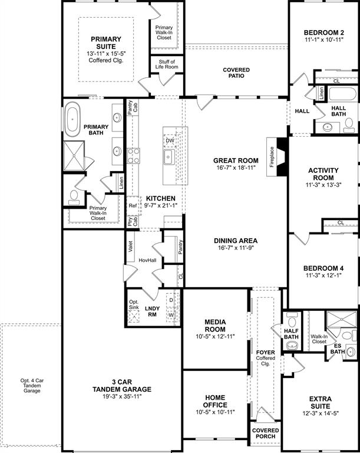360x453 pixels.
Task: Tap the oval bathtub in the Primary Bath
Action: coord(74,117)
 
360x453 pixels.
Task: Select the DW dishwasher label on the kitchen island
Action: coord(170,140)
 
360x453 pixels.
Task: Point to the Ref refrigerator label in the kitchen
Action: coord(133,206)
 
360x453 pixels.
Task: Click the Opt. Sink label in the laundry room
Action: coord(134,306)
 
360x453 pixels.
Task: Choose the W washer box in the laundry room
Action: coord(171,314)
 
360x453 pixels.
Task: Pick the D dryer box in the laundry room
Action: coord(171,300)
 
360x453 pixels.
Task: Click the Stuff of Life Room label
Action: coord(167,64)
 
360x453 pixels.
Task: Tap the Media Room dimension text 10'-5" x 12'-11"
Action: coord(214,337)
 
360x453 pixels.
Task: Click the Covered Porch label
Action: coord(265,434)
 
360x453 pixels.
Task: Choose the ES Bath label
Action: coord(338,349)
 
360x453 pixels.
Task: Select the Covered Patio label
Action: coord(236,73)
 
